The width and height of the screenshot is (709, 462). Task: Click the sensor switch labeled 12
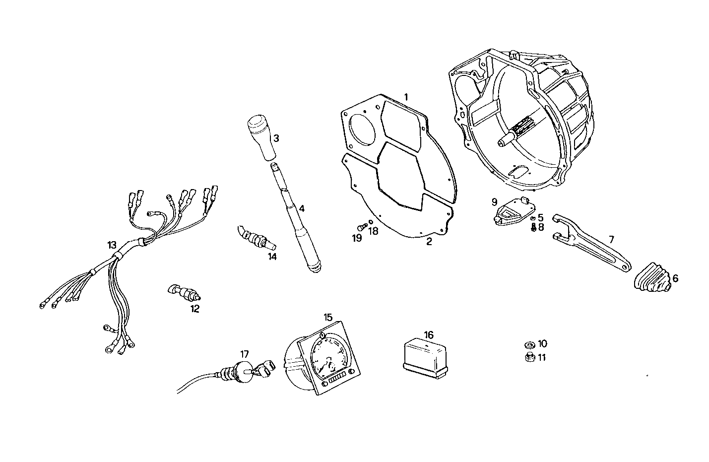pyautogui.click(x=186, y=293)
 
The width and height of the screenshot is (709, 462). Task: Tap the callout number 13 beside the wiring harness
pyautogui.click(x=112, y=245)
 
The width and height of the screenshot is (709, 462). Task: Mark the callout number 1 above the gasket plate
pyautogui.click(x=406, y=96)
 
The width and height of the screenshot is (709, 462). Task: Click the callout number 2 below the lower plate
pyautogui.click(x=429, y=242)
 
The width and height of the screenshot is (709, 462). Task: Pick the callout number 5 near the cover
pyautogui.click(x=540, y=217)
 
